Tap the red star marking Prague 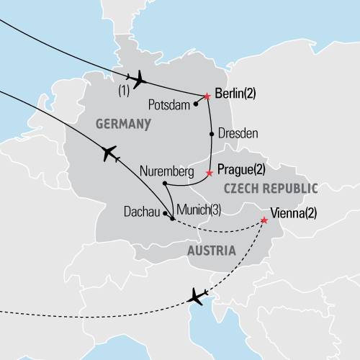pos(210,173)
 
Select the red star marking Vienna pos(264,221)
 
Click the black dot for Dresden pos(211,134)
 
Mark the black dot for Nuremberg pos(165,184)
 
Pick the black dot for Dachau pos(165,213)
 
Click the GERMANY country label pos(123,125)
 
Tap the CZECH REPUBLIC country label pos(270,189)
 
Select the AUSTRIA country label pos(211,251)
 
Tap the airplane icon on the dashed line pos(197,296)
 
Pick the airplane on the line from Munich pos(109,153)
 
